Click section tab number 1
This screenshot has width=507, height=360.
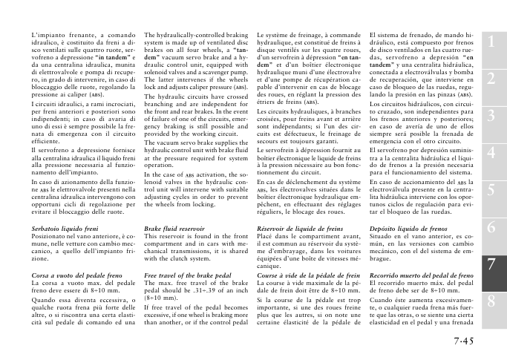click(x=491, y=45)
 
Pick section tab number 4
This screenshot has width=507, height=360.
click(x=491, y=153)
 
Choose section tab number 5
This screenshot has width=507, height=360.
click(x=491, y=189)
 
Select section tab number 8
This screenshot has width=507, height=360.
click(x=491, y=300)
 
